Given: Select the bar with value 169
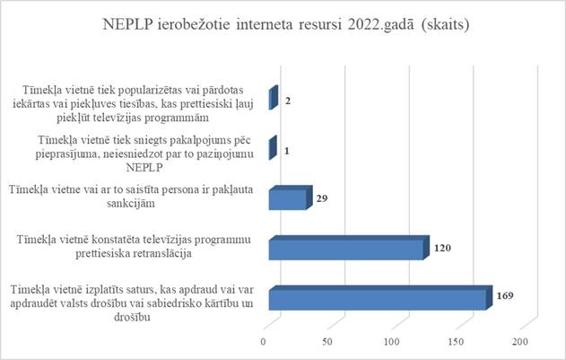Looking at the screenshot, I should (377, 298).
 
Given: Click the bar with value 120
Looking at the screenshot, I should (345, 249).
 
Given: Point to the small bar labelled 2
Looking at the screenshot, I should (273, 100).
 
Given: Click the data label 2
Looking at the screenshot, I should (288, 101).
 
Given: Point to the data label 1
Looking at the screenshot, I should (285, 151).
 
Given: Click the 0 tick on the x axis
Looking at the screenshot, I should (265, 342).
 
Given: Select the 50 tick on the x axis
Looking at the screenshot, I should (328, 342).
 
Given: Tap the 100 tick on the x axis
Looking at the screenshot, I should (392, 342).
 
